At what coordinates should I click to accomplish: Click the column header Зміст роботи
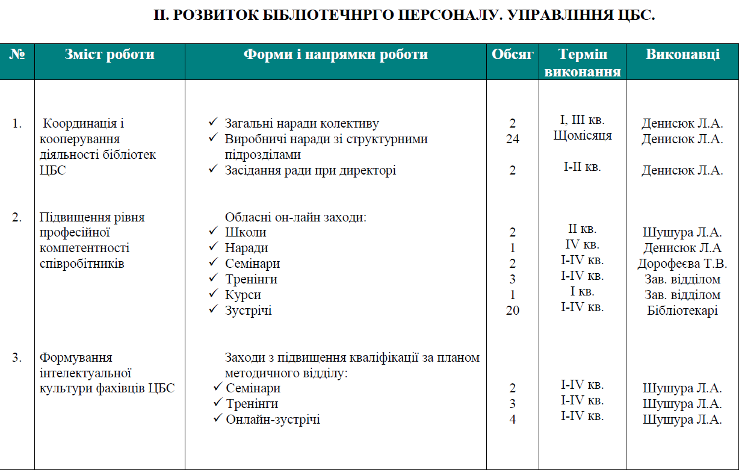[x=110, y=55]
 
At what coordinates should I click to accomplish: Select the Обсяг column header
[x=513, y=55]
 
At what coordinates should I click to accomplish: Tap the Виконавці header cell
[x=682, y=55]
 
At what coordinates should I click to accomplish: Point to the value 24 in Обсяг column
[x=513, y=139]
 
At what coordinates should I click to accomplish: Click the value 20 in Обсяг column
[x=513, y=311]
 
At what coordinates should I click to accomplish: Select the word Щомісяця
[x=582, y=135]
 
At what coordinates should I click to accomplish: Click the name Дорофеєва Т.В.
[x=682, y=264]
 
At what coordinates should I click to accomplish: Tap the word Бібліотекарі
[x=682, y=311]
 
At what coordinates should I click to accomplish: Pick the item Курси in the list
[x=243, y=295]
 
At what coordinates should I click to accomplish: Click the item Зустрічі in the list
[x=248, y=311]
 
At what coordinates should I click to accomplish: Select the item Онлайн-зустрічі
[x=273, y=419]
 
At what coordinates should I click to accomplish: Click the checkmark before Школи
[x=213, y=232]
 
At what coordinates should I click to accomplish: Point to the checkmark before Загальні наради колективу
[x=213, y=123]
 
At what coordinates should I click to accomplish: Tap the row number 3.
[x=17, y=357]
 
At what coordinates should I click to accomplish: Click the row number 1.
[x=17, y=123]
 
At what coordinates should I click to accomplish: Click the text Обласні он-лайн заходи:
[x=295, y=217]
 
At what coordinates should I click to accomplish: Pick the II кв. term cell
[x=582, y=229]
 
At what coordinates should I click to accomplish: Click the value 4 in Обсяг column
[x=513, y=419]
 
